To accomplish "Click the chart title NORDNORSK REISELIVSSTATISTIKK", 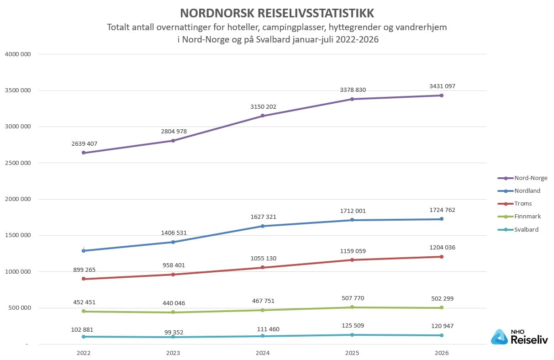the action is click(277, 13).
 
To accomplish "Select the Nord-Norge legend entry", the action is click(522, 178).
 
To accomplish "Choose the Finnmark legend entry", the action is click(519, 217).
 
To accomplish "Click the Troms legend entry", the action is click(514, 204).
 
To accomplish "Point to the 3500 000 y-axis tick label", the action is click(18, 90).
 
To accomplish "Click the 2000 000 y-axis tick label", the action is click(18, 199).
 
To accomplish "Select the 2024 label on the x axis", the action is click(263, 353).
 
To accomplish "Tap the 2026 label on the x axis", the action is click(442, 353).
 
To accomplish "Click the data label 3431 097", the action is click(442, 86).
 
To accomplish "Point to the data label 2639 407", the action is click(84, 144).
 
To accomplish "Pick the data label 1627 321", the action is click(263, 217).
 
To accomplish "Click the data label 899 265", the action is click(84, 270).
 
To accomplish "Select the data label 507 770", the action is click(353, 298).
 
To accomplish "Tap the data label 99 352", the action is click(174, 332).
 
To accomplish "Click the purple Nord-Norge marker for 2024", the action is click(263, 116).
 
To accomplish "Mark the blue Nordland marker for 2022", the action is click(84, 251).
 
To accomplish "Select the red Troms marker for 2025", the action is click(352, 260).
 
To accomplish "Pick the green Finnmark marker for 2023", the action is click(173, 312).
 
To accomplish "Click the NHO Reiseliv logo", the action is click(519, 337).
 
